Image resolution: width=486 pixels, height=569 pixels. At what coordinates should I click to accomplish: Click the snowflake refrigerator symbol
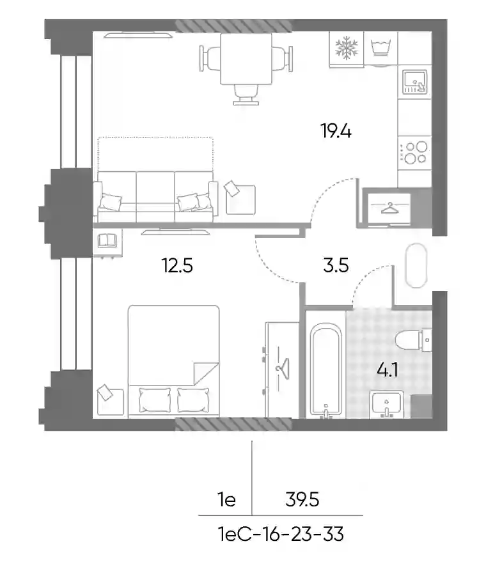347,47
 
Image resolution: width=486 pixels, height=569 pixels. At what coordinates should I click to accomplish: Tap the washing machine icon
380,48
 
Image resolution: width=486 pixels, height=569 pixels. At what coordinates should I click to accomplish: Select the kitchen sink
414,82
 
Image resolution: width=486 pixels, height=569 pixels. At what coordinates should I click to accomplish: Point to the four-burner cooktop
415,153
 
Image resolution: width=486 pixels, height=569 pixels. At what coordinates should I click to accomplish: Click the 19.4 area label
336,131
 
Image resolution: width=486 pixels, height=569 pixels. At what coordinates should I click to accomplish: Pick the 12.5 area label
177,265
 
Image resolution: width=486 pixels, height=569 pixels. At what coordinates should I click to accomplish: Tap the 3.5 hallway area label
336,265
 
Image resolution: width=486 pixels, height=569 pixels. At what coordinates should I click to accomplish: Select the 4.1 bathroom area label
388,370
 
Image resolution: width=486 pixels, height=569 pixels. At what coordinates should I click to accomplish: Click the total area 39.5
302,500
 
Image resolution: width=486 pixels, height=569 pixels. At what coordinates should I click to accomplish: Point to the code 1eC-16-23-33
281,534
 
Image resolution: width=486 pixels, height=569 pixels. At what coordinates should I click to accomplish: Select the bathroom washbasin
387,404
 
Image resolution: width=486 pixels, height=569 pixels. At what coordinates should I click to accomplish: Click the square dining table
246,59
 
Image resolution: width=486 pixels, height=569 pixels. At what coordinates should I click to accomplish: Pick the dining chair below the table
246,95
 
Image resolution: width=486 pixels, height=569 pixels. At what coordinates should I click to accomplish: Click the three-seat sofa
155,196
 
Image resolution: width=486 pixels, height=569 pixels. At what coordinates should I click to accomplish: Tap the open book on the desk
107,240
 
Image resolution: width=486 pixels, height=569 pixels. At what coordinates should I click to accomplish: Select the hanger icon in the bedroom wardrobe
283,369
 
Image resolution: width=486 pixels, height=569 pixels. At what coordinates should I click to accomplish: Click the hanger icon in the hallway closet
389,208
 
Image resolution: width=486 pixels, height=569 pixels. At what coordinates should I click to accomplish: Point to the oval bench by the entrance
416,265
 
